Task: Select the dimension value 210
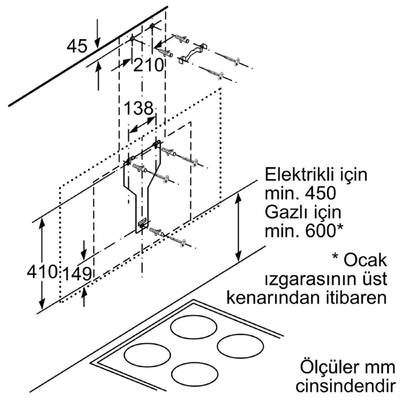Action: [x=148, y=65]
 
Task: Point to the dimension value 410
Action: [x=42, y=271]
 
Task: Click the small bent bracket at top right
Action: [x=193, y=53]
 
